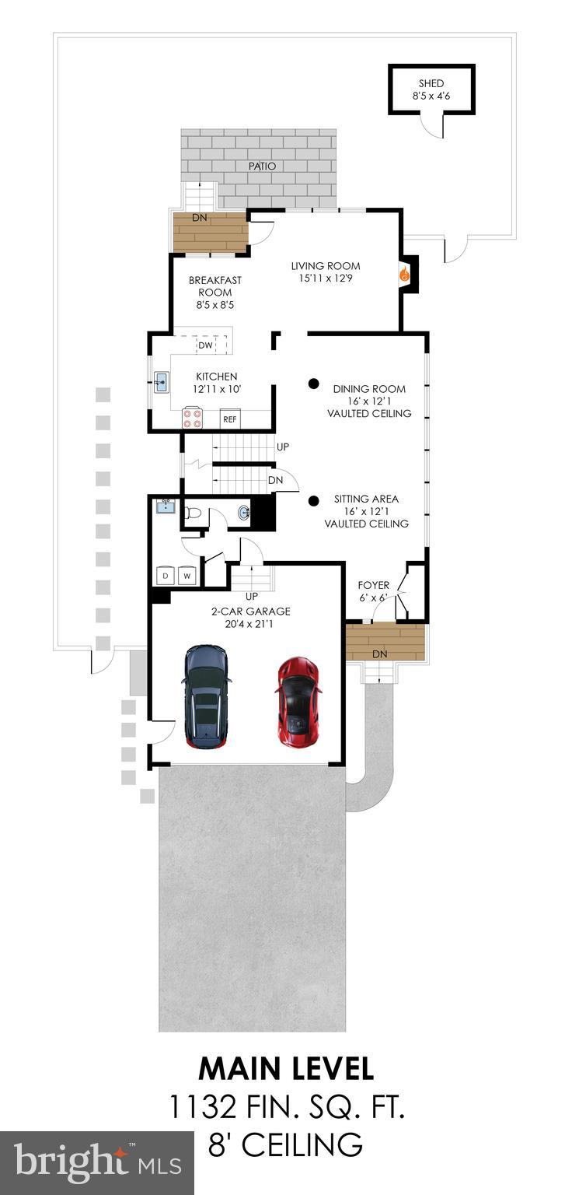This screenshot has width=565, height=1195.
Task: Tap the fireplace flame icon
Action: pos(403,274)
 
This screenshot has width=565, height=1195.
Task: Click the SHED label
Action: pos(431,84)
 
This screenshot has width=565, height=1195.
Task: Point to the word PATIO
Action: pos(262,166)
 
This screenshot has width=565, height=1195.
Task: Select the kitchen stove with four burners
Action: pos(193,419)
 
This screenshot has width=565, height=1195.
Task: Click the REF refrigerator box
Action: pos(230,419)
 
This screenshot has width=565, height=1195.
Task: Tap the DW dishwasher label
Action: pos(205,345)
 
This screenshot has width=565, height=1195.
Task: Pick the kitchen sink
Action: pos(161,381)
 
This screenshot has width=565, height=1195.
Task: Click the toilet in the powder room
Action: pos(194,513)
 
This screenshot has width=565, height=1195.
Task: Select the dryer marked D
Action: pos(165,576)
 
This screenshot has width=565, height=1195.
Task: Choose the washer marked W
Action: pos(187,576)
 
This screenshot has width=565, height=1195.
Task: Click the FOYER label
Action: pos(373,585)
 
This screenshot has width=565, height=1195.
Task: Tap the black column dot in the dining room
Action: pos(313,383)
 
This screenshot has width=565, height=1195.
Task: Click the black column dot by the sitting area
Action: pos(313,502)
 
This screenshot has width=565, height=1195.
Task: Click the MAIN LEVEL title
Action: pos(285,1068)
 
